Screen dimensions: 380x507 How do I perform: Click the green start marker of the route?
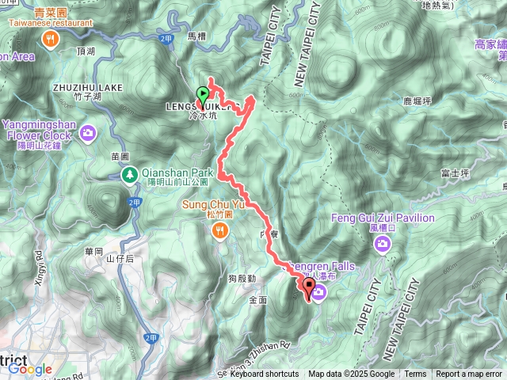pos(203,95)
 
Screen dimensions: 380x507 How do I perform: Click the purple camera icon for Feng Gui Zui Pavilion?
pos(383,245)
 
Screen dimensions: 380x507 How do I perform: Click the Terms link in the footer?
pos(415,374)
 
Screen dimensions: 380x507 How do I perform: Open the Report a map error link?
pos(468,374)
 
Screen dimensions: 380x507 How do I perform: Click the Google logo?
pos(30,369)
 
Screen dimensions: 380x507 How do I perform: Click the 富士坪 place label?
pos(455,173)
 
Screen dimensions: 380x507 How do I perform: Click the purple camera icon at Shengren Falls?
pos(319,294)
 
